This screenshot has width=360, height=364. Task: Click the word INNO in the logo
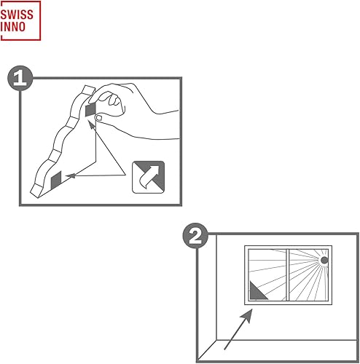17,27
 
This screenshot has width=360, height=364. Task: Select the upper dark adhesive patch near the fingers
90,110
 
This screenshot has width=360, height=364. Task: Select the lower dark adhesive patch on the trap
56,178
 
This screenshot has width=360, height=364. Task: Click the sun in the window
324,259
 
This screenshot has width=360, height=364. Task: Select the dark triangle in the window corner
257,293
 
